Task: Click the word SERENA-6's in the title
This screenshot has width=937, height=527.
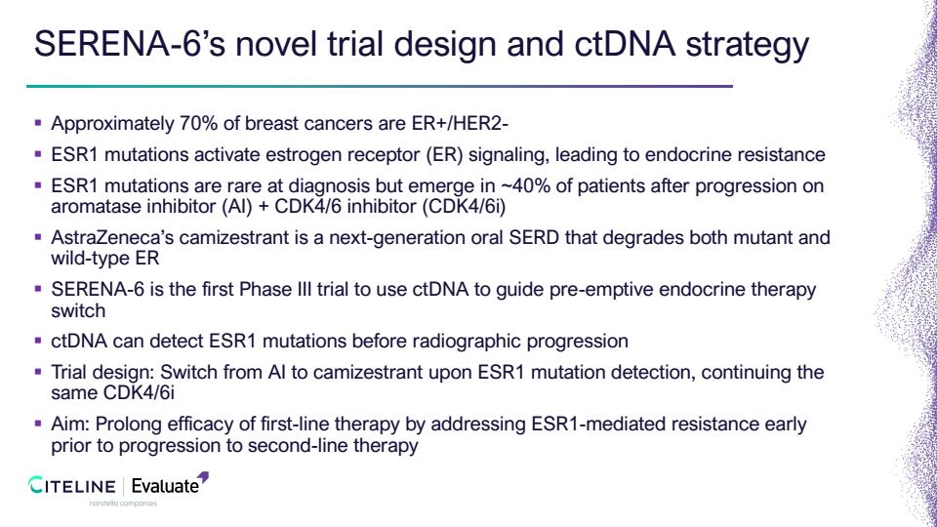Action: (130, 44)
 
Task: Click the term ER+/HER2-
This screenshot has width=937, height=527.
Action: (460, 123)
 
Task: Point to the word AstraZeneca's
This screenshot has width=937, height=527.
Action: (112, 238)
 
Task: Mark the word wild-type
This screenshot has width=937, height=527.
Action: (86, 259)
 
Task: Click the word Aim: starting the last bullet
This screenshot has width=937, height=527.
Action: (70, 425)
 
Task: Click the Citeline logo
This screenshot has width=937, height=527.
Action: (71, 486)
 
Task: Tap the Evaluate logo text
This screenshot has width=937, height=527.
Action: (165, 486)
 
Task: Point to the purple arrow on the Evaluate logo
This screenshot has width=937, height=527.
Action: (203, 477)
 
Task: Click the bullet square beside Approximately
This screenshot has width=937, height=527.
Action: (38, 123)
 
